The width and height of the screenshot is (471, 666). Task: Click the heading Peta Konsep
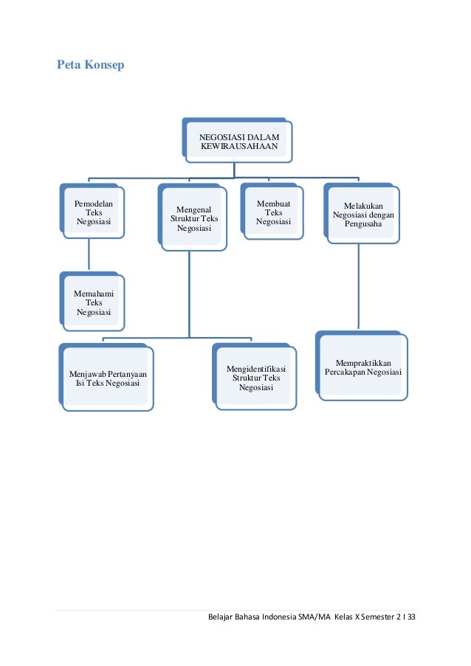pyautogui.click(x=91, y=66)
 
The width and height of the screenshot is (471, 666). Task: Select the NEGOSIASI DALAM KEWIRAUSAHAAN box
pyautogui.click(x=238, y=141)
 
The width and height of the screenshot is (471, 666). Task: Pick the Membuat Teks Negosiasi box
pyautogui.click(x=272, y=213)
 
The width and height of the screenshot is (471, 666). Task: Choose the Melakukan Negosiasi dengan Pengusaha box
pyautogui.click(x=362, y=215)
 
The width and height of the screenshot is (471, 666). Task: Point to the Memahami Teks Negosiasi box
pyautogui.click(x=93, y=303)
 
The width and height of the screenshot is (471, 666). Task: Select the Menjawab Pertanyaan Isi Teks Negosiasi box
pyautogui.click(x=107, y=378)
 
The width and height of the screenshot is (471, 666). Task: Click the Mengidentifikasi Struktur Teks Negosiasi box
pyautogui.click(x=256, y=377)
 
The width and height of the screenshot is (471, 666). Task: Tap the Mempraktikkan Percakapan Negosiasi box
pyautogui.click(x=362, y=367)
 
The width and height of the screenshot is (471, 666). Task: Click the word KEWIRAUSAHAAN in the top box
pyautogui.click(x=238, y=147)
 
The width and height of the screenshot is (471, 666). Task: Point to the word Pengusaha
pyautogui.click(x=362, y=223)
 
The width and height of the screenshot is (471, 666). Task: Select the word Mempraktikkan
pyautogui.click(x=363, y=363)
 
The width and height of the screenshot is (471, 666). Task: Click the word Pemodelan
pyautogui.click(x=94, y=202)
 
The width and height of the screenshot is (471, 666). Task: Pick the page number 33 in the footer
pyautogui.click(x=411, y=616)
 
